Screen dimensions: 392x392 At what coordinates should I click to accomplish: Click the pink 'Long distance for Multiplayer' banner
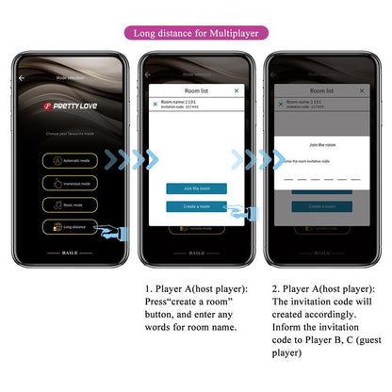tap(195, 33)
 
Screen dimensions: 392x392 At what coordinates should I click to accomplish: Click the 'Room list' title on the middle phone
tap(196, 90)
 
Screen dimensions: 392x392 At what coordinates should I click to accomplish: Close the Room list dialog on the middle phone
tap(236, 90)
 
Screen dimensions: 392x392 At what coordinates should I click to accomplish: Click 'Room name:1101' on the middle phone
tap(178, 101)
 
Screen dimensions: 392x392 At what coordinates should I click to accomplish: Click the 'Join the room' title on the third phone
tap(322, 144)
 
